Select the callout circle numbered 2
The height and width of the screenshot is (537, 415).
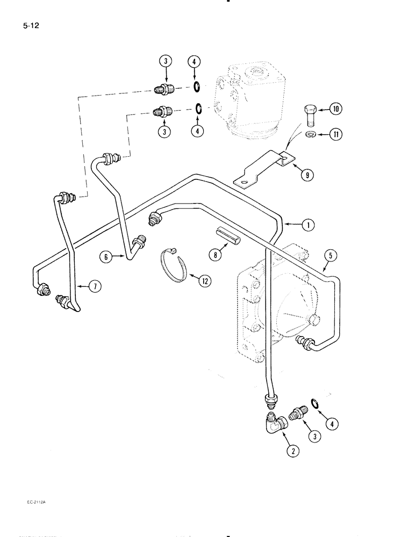[292, 451]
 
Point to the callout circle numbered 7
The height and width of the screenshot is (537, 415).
[95, 287]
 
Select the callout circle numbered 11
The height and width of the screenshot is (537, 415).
[335, 134]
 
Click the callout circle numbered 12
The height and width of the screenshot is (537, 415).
[205, 280]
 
